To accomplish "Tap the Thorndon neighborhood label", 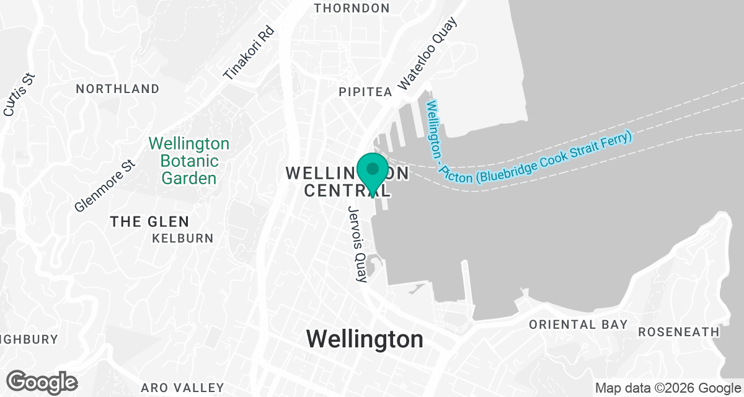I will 352,8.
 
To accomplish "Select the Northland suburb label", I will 117,89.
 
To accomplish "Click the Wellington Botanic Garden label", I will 189,161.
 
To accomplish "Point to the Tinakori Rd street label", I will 249,52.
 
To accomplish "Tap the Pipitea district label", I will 365,92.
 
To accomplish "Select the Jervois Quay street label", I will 358,244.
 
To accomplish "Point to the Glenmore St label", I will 104,185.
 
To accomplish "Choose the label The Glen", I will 149,221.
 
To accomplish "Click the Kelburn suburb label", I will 182,238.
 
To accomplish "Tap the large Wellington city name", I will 365,339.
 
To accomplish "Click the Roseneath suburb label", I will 678,332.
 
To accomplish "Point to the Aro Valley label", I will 182,388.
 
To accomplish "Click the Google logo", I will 42,381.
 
